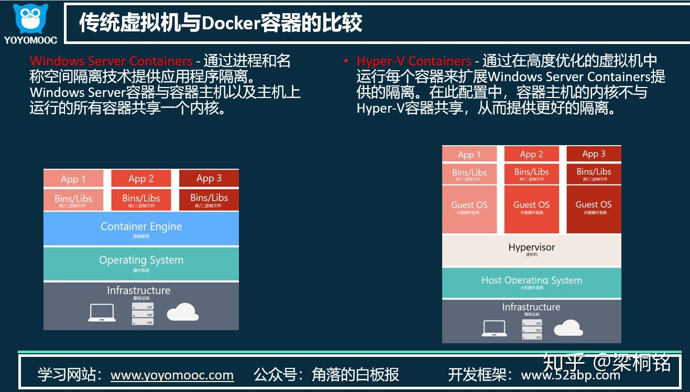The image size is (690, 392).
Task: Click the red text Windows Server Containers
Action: coord(111,61)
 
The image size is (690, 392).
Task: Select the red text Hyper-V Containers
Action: coord(414,61)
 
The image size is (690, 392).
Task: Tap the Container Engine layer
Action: coord(141,228)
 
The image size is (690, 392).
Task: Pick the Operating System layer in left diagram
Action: coord(141,262)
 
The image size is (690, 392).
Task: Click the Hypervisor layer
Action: coord(531,249)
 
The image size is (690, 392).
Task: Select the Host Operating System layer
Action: coord(531,282)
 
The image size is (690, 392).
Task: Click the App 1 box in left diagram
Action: coord(73,179)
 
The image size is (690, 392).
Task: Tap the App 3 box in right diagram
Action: coord(594,154)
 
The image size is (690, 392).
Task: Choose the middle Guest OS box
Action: coord(531,208)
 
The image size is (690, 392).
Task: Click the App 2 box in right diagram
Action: coord(531,154)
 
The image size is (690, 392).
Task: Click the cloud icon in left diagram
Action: coord(182,312)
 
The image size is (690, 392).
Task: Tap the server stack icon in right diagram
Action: coord(531,328)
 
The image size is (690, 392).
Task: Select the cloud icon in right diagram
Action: coord(568,328)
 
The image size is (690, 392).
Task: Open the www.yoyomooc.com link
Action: coord(172,375)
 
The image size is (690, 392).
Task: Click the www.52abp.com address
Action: coord(571,375)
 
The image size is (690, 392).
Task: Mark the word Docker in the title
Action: coord(231,23)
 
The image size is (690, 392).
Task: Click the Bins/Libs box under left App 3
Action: coord(209,200)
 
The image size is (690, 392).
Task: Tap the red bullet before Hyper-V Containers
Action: coord(346,61)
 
